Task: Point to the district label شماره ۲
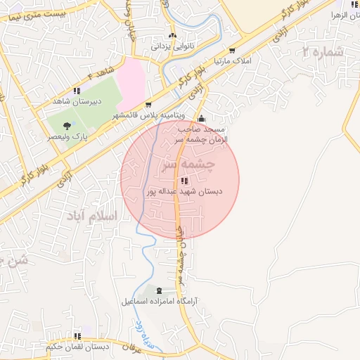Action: (x=323, y=51)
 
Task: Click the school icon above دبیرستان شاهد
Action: (x=77, y=91)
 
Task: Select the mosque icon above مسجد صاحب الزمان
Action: (x=202, y=119)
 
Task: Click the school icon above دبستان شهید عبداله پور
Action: (x=184, y=181)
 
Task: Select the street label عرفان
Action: (x=132, y=347)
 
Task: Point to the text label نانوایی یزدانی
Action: (x=172, y=48)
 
